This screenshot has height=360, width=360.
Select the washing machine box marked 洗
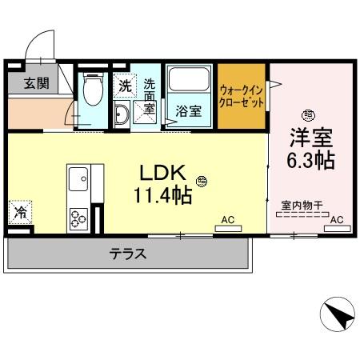(x=125, y=83)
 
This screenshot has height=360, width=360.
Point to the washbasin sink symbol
(x=122, y=114)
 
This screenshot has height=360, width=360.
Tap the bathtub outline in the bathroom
(x=189, y=84)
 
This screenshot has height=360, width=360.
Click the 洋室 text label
(x=309, y=136)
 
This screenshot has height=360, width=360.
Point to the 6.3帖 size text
(x=310, y=160)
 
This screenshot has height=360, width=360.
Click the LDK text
(x=163, y=173)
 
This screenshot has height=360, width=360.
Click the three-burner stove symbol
(x=79, y=217)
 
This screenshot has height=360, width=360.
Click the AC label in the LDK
(x=227, y=218)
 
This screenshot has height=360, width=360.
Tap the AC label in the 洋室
(x=337, y=218)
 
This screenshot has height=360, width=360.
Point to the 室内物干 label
(x=301, y=206)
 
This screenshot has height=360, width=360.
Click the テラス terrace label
(x=128, y=254)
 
